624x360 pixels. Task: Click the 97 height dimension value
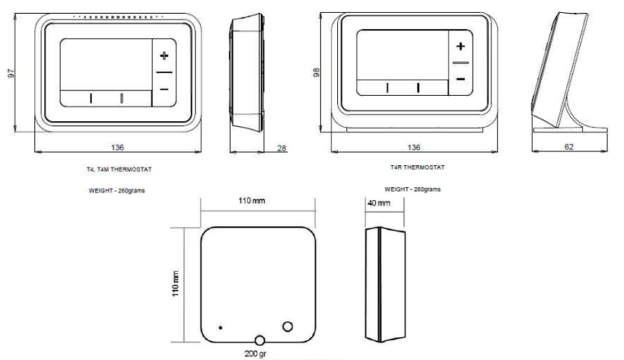tap(11, 73)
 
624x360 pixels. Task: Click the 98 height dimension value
tap(316, 72)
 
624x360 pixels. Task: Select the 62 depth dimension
tap(568, 146)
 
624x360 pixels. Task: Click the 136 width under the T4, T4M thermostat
tap(118, 147)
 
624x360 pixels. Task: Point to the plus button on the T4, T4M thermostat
tap(164, 56)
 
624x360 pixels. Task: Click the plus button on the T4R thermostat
tap(460, 47)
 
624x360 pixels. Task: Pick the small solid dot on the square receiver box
tap(220, 327)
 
